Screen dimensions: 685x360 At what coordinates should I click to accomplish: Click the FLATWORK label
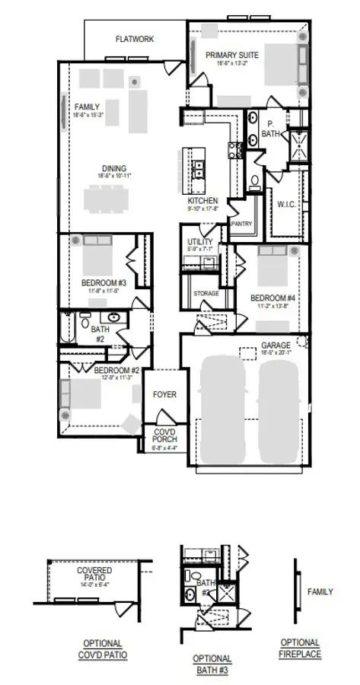coord(135,38)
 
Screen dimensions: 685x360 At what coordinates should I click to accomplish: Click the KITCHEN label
coord(203,201)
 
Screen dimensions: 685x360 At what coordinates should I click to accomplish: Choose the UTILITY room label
coord(195,243)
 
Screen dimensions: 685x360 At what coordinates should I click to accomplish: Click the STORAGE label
coord(205,293)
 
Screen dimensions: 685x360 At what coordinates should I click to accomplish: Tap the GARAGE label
coord(276,345)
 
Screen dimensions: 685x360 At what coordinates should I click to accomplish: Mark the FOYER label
coord(164,395)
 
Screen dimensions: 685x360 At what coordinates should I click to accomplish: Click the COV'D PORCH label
coord(164,435)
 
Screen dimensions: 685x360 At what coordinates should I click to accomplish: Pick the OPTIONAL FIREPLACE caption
coord(300,648)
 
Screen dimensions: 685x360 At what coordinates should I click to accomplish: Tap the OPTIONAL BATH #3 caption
coord(212,664)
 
